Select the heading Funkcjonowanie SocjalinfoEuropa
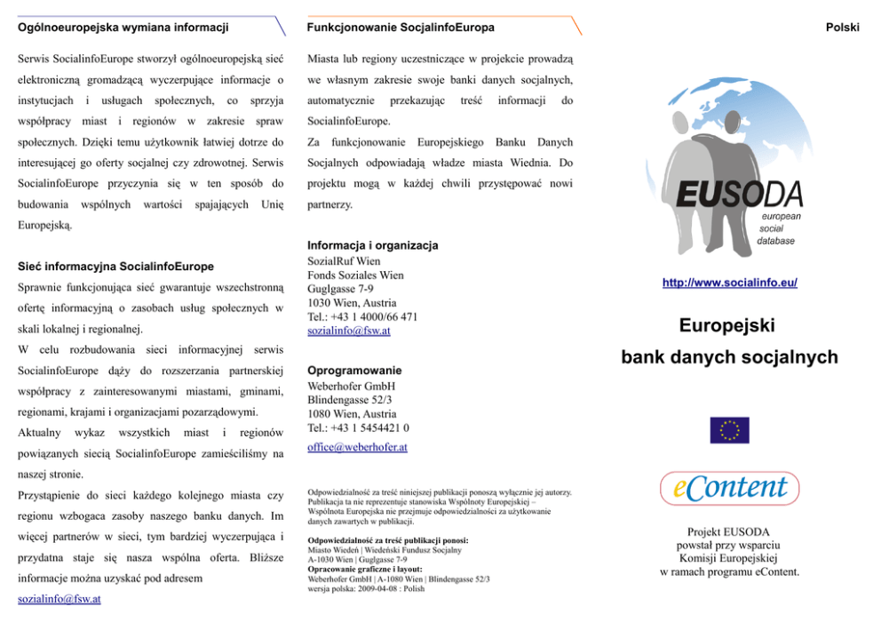[401, 28]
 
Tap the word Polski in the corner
[842, 28]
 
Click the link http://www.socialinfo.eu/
[729, 283]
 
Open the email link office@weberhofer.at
[357, 447]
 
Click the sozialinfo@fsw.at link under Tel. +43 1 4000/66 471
[348, 331]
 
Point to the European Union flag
[729, 430]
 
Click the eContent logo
[729, 488]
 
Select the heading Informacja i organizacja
[372, 245]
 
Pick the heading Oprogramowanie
[353, 370]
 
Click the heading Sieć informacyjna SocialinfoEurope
[115, 266]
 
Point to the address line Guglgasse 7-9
[340, 289]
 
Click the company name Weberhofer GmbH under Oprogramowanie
[351, 387]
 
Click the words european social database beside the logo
[780, 228]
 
